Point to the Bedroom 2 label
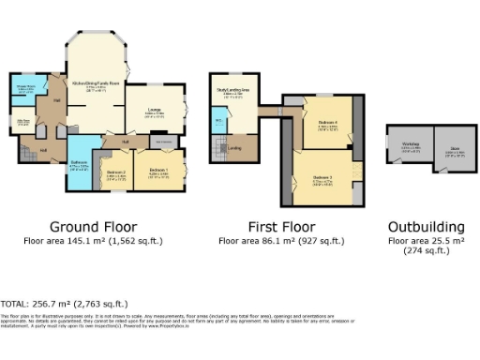tap(116, 172)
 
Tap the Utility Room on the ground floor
tap(24, 122)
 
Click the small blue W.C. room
tap(217, 121)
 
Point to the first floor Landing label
tap(235, 147)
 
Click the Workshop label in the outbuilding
tap(411, 145)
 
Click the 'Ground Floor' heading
tap(93, 227)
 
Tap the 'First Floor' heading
tap(278, 227)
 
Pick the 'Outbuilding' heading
tap(427, 227)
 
